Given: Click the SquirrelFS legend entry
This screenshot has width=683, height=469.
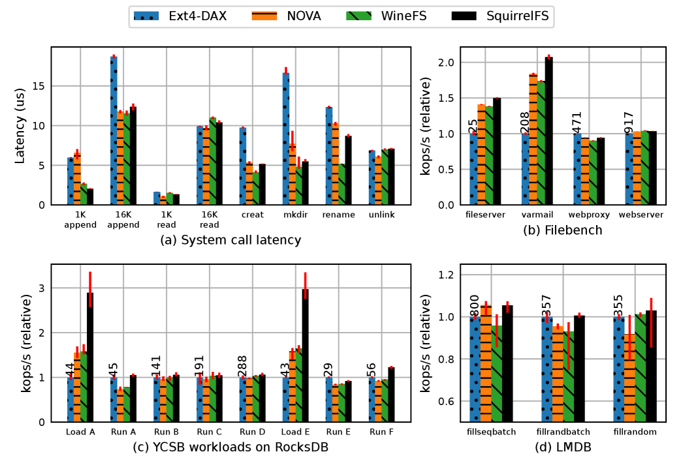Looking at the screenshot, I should pos(500,16).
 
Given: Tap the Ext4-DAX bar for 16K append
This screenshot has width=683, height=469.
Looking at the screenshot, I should pos(114,130).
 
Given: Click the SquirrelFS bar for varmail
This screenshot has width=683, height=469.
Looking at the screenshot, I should pos(548,131).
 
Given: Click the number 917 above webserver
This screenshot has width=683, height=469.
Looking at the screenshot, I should pos(629,121).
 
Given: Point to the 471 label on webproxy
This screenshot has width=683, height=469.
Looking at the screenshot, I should pos(577,121).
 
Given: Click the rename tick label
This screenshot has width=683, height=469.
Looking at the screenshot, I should pos(338,215).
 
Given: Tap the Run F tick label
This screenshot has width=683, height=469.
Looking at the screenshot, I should pos(381,432).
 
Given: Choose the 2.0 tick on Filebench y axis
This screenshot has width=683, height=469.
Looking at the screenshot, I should pos(444,63).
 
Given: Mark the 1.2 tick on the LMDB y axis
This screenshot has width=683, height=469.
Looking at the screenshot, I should pos(444,275).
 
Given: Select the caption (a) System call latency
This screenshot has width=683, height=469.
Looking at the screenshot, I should pos(230,240).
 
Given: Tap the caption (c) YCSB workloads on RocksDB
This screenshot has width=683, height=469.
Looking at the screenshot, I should pos(230,447).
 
